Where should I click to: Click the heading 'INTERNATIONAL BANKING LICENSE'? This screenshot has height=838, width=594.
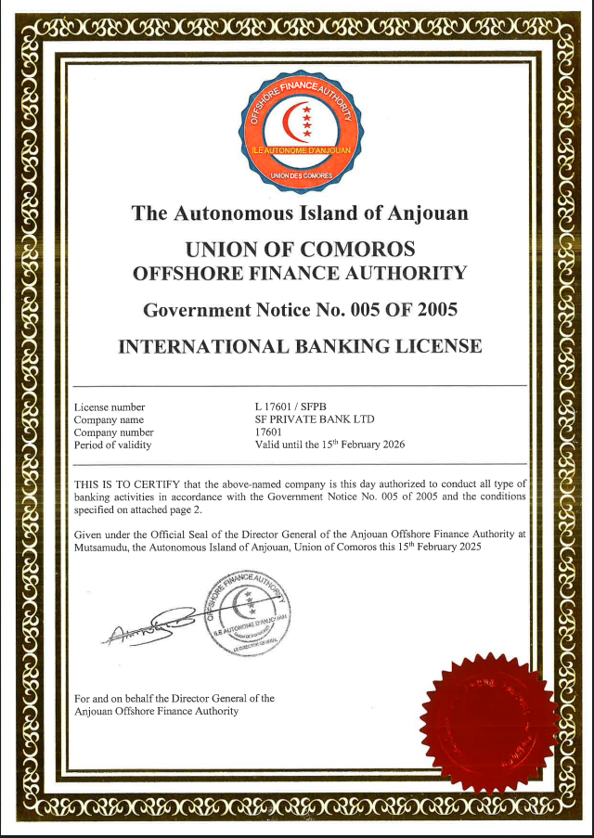coord(300,346)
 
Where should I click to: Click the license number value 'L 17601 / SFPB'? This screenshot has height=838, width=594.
coord(291,407)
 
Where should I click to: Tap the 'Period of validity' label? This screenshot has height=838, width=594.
coord(112,445)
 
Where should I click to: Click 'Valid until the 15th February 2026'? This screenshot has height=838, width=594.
coord(329,444)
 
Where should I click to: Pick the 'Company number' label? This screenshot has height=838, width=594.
coord(114,432)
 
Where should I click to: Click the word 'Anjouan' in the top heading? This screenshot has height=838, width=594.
coord(428,213)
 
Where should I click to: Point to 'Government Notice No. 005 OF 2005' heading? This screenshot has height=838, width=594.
coord(300,309)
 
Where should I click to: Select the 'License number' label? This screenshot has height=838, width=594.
coord(110,407)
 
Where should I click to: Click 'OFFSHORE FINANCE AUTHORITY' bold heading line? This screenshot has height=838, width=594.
coord(300,274)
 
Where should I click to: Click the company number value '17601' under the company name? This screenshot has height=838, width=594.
coord(267,432)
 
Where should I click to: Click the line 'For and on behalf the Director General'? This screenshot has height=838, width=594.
coord(174,698)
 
